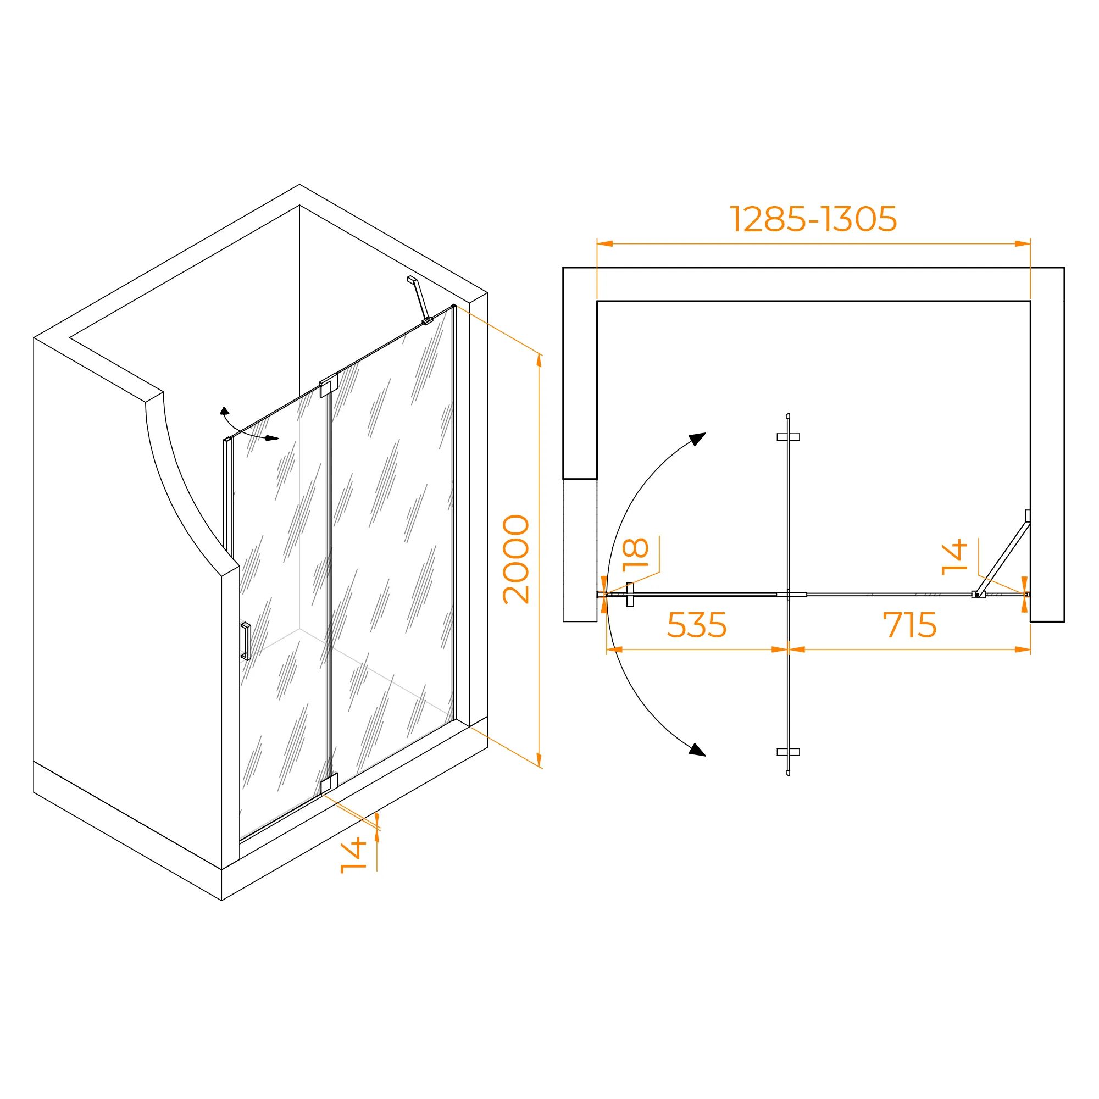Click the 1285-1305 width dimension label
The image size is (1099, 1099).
coord(813,219)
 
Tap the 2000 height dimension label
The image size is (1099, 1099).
coord(516,559)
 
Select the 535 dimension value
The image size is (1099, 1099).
coord(697,625)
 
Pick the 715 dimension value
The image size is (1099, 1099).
coord(909,625)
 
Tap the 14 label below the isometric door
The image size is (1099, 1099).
coord(353,855)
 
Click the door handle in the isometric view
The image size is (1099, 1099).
coord(246,641)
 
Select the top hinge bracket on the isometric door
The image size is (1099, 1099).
coord(328,385)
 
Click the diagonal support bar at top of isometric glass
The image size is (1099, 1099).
coord(420,300)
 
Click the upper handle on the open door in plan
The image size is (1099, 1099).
coord(789,437)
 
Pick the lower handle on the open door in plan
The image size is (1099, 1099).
coord(789,752)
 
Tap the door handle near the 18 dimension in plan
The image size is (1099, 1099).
coord(630,595)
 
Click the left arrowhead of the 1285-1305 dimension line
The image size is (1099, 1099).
coord(604,244)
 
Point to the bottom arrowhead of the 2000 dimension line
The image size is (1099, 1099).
coord(539,761)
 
